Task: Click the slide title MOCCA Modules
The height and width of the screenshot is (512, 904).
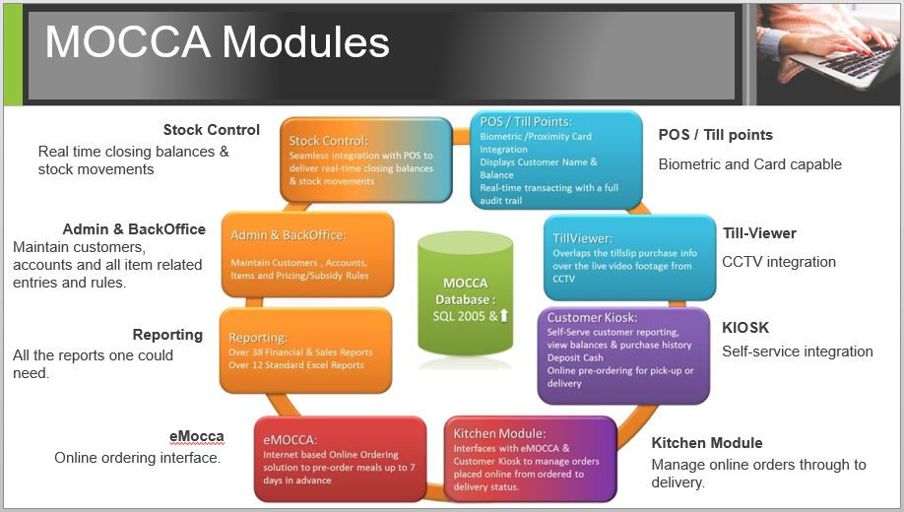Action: click(x=218, y=43)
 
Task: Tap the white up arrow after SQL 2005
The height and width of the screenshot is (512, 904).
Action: click(x=503, y=316)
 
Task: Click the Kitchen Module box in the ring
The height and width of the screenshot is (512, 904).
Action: click(x=530, y=460)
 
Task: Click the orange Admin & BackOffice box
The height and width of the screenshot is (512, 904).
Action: click(x=307, y=254)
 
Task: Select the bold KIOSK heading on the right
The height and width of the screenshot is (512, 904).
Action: click(x=745, y=327)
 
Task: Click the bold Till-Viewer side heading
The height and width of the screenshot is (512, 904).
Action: click(x=759, y=233)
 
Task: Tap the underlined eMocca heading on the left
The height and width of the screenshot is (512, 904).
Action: click(x=196, y=436)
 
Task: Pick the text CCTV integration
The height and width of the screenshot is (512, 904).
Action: click(x=779, y=262)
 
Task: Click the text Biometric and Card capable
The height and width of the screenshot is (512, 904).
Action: click(x=750, y=164)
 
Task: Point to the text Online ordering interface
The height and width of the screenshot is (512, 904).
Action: click(x=138, y=458)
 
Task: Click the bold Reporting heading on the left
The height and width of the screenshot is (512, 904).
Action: click(x=167, y=335)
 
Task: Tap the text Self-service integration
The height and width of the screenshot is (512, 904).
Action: click(x=798, y=352)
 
